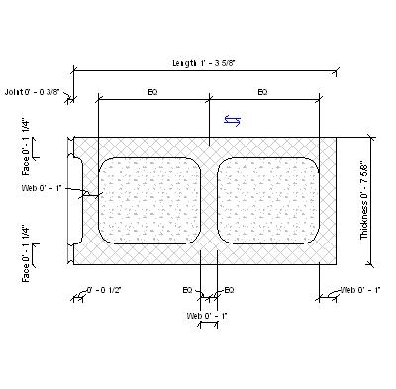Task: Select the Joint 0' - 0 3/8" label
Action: pyautogui.click(x=34, y=91)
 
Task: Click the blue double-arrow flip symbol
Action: pyautogui.click(x=231, y=120)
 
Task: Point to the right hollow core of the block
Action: pyautogui.click(x=267, y=200)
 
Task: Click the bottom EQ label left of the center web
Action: pyautogui.click(x=187, y=290)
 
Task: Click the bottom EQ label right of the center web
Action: pyautogui.click(x=229, y=290)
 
